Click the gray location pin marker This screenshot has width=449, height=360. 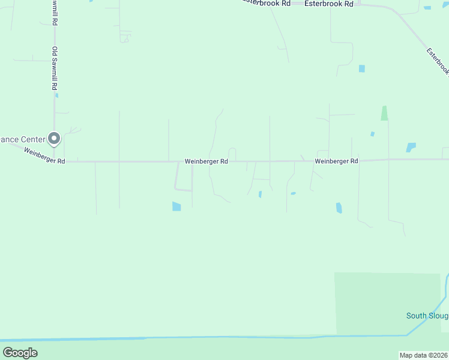click(54, 139)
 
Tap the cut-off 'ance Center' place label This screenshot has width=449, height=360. click(22, 139)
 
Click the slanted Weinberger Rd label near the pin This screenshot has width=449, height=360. click(44, 157)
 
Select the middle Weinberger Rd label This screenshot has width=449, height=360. click(206, 161)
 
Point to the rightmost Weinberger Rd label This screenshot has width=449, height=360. click(336, 161)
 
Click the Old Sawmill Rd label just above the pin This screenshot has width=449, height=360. click(55, 69)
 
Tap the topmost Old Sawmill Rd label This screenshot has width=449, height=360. click(55, 12)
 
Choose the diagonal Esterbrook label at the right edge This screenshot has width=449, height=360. click(438, 62)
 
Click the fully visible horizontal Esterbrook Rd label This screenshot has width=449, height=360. click(328, 4)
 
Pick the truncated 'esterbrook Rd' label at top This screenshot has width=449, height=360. click(267, 3)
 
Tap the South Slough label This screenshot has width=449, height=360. click(427, 316)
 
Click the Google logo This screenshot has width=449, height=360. click(20, 353)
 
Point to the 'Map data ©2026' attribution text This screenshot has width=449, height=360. click(424, 355)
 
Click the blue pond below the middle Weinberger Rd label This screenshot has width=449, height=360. click(176, 206)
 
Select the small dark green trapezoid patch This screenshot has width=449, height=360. click(384, 113)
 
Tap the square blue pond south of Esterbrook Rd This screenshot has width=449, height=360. click(362, 68)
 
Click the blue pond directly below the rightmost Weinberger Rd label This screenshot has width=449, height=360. click(339, 208)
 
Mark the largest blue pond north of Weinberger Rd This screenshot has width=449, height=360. click(411, 147)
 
